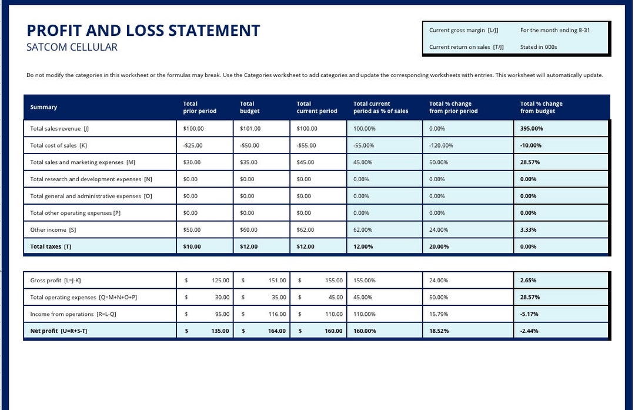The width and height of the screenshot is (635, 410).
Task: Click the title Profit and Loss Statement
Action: [143, 31]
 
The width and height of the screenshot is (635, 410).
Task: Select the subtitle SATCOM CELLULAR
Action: [72, 48]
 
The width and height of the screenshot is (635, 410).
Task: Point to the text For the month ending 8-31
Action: [554, 30]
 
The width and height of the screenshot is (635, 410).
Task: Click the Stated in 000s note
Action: [538, 47]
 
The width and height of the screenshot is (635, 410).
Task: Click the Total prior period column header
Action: [199, 107]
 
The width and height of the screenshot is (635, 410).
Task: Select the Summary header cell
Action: [44, 107]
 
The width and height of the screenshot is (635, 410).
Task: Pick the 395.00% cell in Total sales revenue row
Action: [532, 128]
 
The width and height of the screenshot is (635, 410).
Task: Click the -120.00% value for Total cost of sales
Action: [441, 145]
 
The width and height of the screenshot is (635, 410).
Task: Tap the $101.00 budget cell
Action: [250, 128]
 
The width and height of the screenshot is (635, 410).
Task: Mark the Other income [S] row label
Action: [53, 230]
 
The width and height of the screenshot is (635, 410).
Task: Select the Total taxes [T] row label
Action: [51, 247]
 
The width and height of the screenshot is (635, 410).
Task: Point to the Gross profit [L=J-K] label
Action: [59, 281]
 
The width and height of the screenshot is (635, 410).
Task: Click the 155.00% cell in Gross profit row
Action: [364, 281]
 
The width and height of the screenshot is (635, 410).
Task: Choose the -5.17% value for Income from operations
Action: [529, 314]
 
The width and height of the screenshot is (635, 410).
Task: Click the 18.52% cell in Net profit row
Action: [439, 331]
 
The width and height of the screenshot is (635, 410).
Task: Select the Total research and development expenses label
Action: [91, 179]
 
